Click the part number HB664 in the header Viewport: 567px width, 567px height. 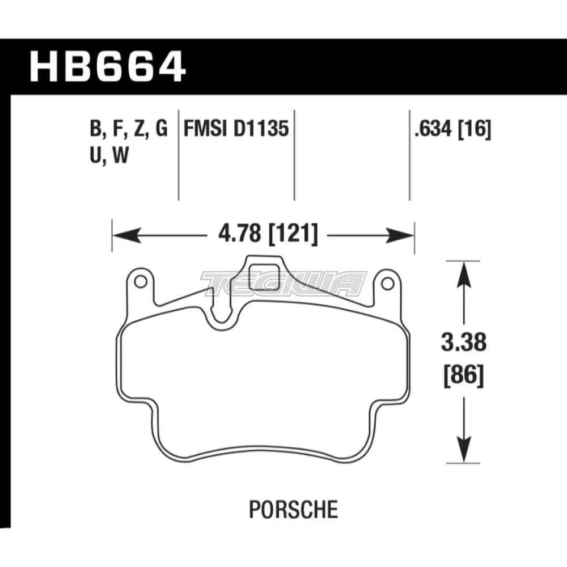108,67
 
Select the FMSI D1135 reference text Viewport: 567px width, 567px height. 236,129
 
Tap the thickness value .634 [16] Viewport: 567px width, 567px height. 452,129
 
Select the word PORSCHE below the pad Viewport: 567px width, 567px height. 293,509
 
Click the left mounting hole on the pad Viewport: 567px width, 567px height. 138,282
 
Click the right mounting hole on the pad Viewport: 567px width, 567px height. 388,282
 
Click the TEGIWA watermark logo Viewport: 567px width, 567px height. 283,282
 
